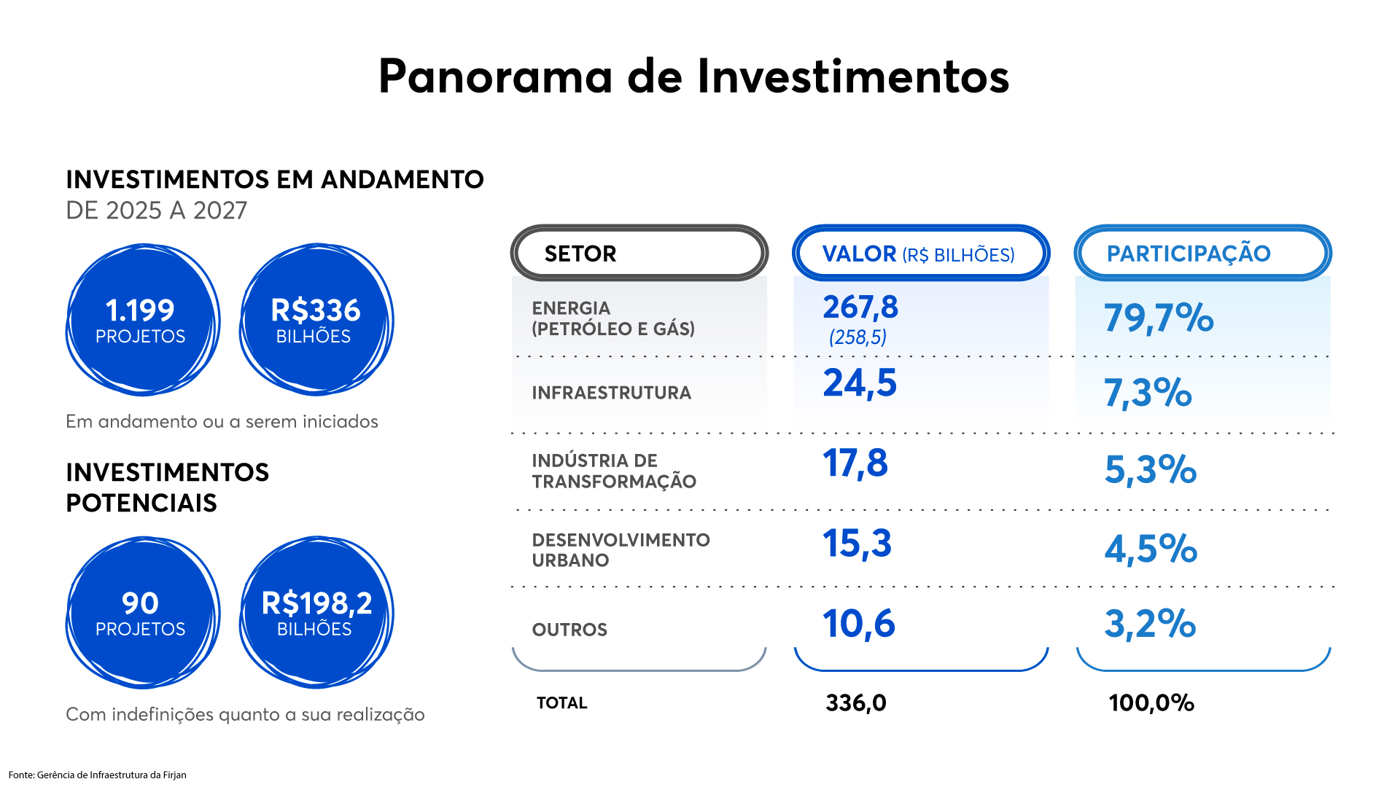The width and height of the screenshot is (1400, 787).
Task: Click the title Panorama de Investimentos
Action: [693, 77]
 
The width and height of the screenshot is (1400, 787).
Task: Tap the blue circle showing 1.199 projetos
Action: [142, 320]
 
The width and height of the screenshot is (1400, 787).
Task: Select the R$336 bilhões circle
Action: [316, 320]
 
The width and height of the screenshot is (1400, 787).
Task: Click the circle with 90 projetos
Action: [142, 613]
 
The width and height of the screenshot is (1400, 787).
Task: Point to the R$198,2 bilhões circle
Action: [316, 613]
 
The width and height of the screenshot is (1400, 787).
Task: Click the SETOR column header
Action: [639, 253]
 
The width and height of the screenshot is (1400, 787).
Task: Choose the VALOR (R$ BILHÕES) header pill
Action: [920, 253]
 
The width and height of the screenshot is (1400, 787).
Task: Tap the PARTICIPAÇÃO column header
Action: [1202, 253]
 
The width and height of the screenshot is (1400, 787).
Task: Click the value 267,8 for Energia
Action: [860, 308]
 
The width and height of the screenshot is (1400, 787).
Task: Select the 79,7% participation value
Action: [1158, 318]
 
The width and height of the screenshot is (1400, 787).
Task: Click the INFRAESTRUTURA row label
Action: [611, 393]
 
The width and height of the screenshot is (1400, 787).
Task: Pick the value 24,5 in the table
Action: [860, 383]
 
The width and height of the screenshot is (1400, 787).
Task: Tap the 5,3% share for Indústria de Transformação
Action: [1150, 469]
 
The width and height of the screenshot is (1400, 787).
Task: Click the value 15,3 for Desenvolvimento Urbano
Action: [857, 544]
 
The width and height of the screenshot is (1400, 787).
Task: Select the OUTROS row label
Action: [569, 630]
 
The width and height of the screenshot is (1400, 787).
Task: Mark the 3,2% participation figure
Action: [1150, 624]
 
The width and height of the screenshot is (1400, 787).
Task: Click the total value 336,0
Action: [856, 702]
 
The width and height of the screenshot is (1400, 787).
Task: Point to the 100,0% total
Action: [1151, 702]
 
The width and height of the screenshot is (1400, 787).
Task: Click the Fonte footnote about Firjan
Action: [98, 775]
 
